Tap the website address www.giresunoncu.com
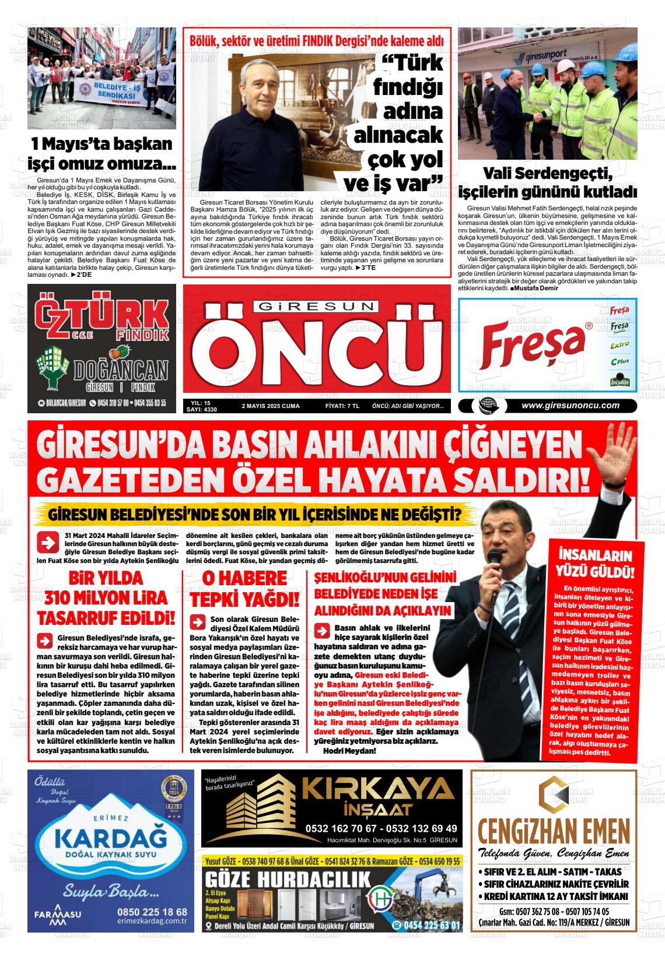[570, 406]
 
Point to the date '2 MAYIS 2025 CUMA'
[270, 406]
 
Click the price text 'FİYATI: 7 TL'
[342, 406]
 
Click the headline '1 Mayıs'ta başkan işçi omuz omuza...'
[101, 152]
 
